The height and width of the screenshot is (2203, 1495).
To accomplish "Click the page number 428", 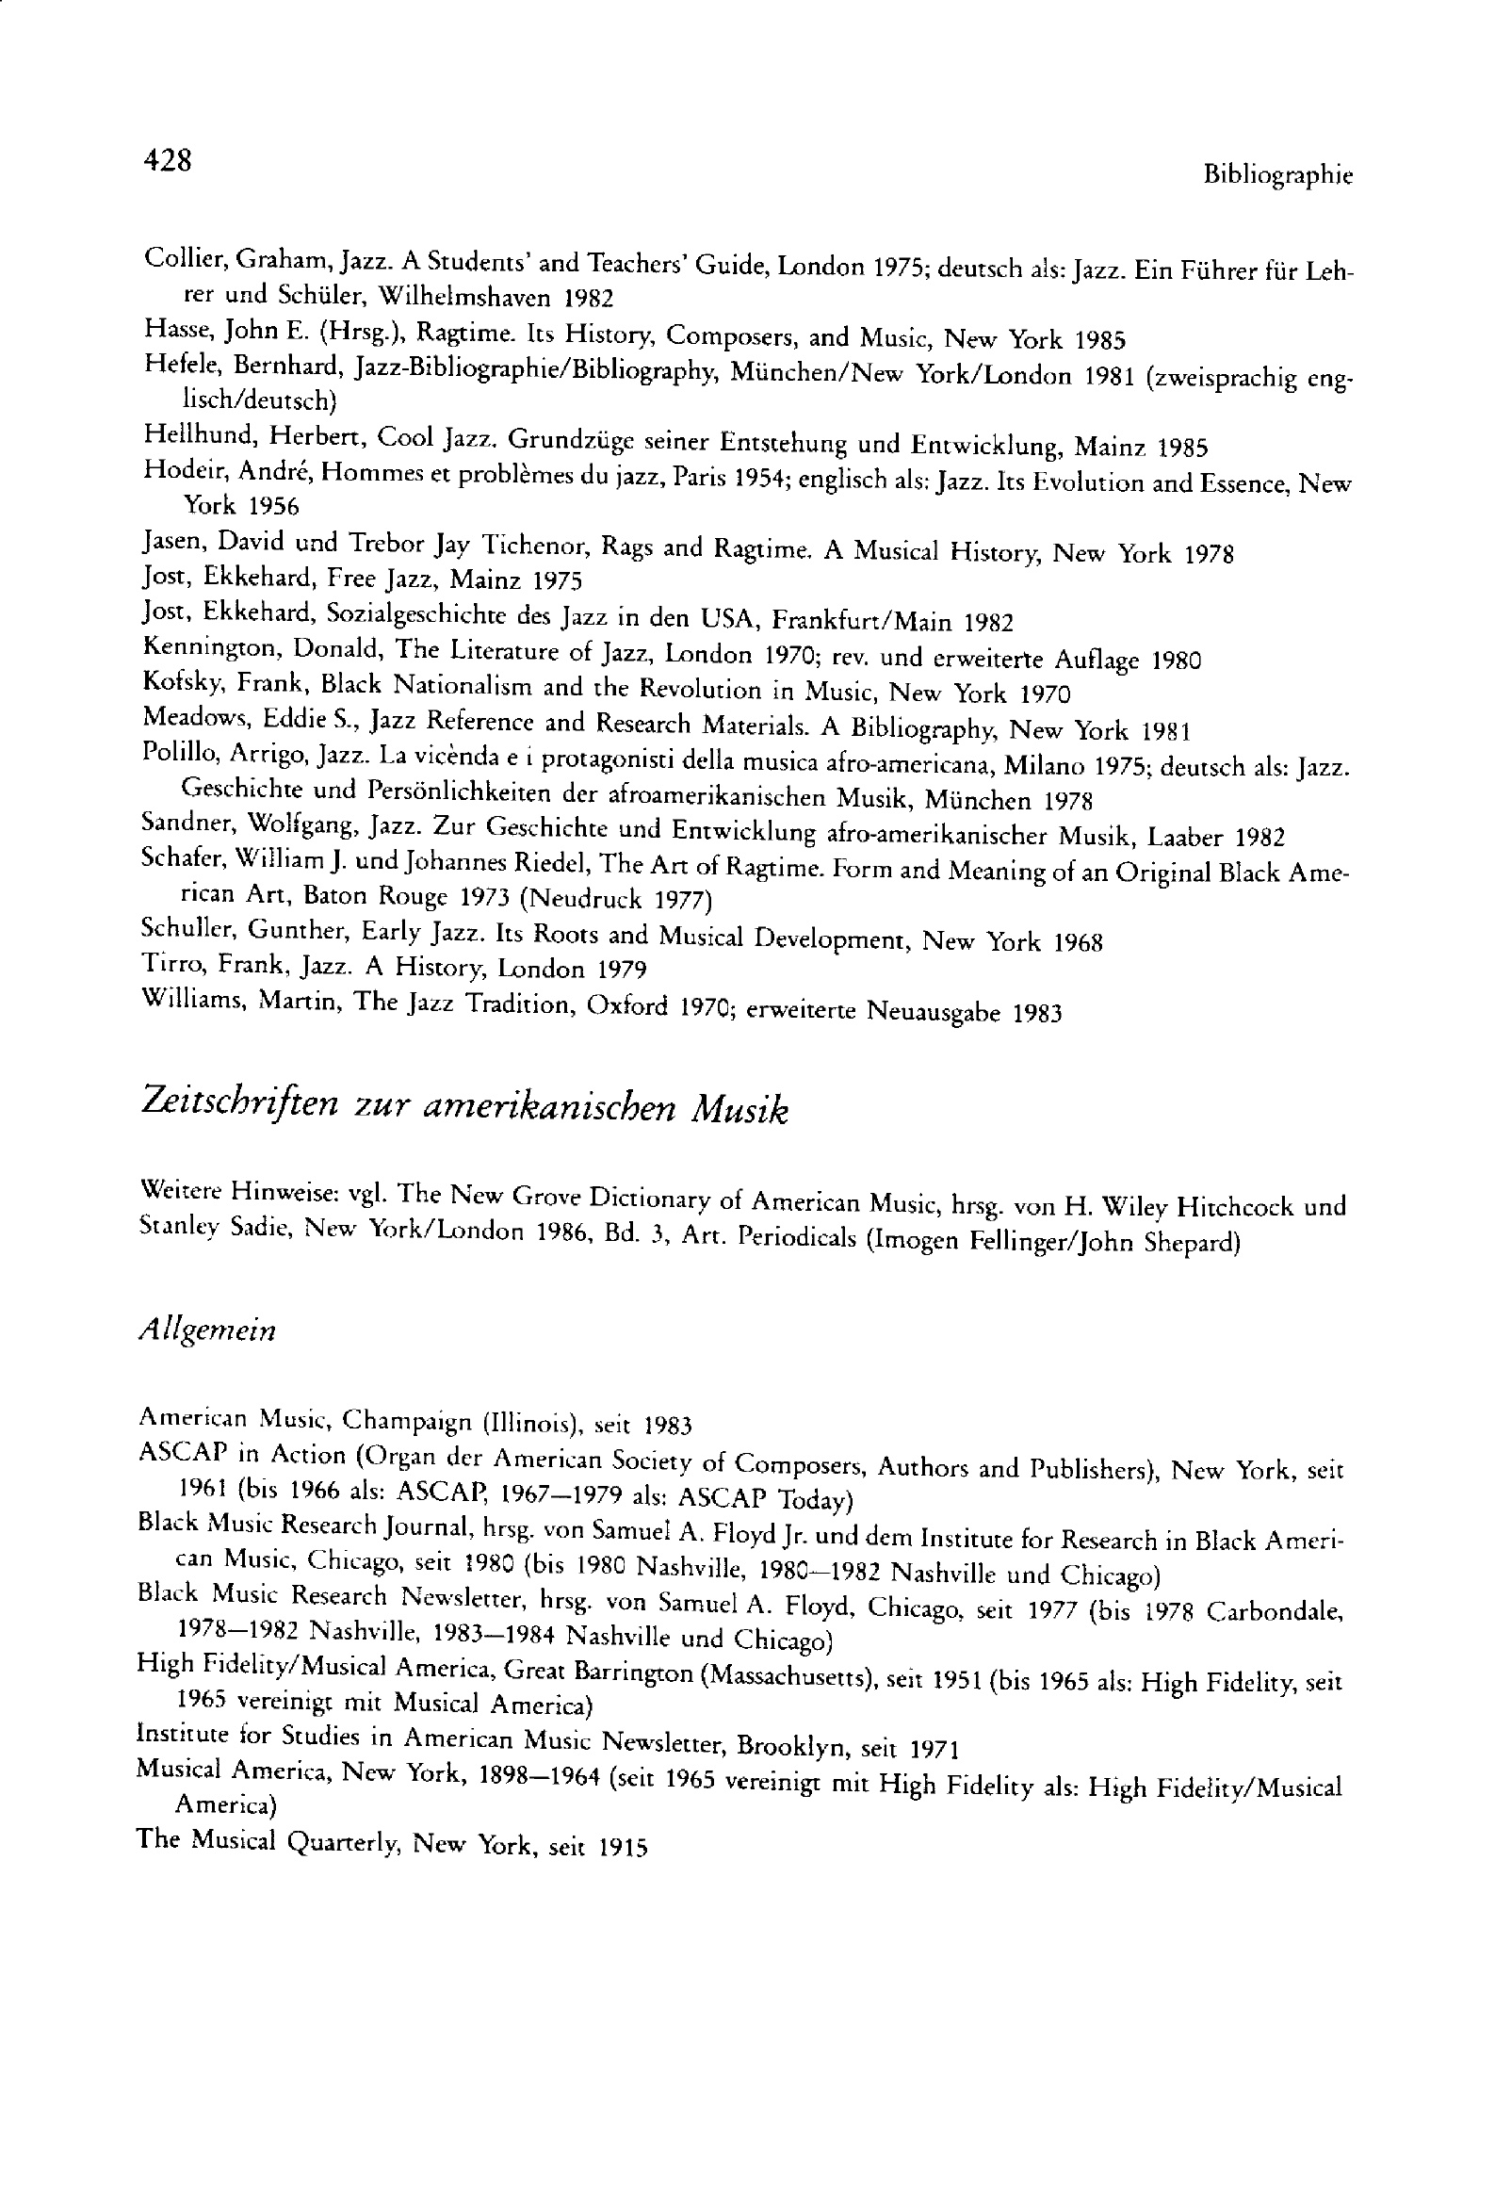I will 167,161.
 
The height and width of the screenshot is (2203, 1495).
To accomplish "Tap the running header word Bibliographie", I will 1277,175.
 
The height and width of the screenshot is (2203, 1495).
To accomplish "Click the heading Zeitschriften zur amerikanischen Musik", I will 463,1107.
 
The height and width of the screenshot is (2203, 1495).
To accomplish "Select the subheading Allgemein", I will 206,1330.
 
